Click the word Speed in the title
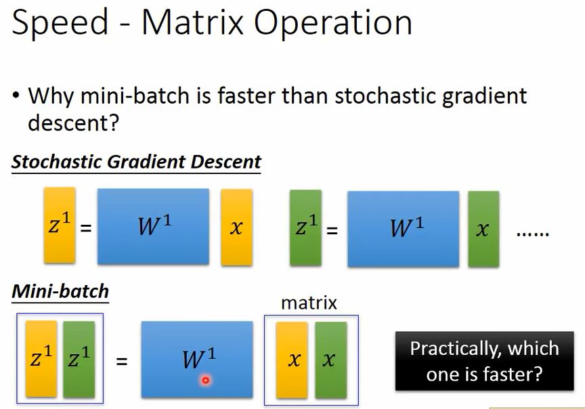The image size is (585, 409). [60, 23]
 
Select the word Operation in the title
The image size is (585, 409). [333, 22]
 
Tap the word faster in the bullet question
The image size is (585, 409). [247, 95]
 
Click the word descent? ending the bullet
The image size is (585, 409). [73, 122]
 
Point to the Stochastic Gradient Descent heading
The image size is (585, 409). [136, 162]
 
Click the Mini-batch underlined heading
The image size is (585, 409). [60, 291]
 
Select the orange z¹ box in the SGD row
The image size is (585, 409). [60, 225]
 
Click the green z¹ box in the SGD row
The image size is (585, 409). [305, 228]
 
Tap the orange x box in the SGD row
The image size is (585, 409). [236, 228]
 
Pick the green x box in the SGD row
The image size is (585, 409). [483, 229]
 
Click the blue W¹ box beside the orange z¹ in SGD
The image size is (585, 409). [153, 226]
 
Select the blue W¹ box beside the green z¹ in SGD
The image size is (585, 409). [404, 229]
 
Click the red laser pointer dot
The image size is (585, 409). [205, 381]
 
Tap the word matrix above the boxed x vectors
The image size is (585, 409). [309, 303]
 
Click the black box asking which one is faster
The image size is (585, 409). [485, 360]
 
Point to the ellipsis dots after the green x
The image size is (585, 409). [532, 234]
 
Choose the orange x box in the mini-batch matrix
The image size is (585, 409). [292, 360]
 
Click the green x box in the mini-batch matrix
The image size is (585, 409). [331, 360]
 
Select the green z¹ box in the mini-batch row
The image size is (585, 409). [79, 359]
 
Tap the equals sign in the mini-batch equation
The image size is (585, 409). [122, 361]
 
